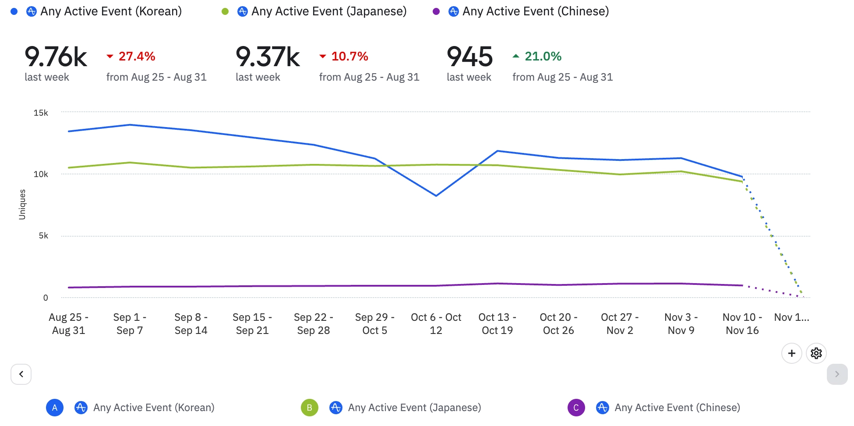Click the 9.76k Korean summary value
[x=56, y=57]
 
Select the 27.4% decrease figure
[x=137, y=57]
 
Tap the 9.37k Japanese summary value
[x=268, y=57]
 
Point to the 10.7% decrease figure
[x=349, y=57]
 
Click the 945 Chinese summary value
[x=469, y=57]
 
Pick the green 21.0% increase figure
[x=543, y=57]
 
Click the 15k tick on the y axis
[x=41, y=113]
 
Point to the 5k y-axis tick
[x=43, y=236]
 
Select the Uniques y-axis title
[x=22, y=204]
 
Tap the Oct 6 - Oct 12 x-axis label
[x=436, y=324]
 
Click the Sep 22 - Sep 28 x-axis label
[x=314, y=324]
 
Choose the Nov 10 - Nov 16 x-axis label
[x=742, y=324]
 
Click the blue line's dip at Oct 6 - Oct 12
[x=436, y=195]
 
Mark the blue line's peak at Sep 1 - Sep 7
[x=130, y=125]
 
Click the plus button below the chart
[x=791, y=353]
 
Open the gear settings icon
[x=816, y=353]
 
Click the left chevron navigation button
[x=21, y=374]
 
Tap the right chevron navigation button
[x=837, y=374]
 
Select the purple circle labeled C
[x=576, y=408]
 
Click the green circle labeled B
[x=309, y=408]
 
